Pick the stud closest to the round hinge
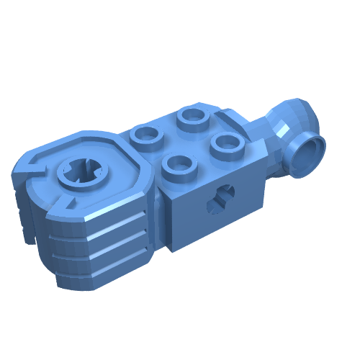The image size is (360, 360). [146, 135]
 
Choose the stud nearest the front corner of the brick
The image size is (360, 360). [179, 165]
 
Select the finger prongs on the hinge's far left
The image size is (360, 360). [25, 216]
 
